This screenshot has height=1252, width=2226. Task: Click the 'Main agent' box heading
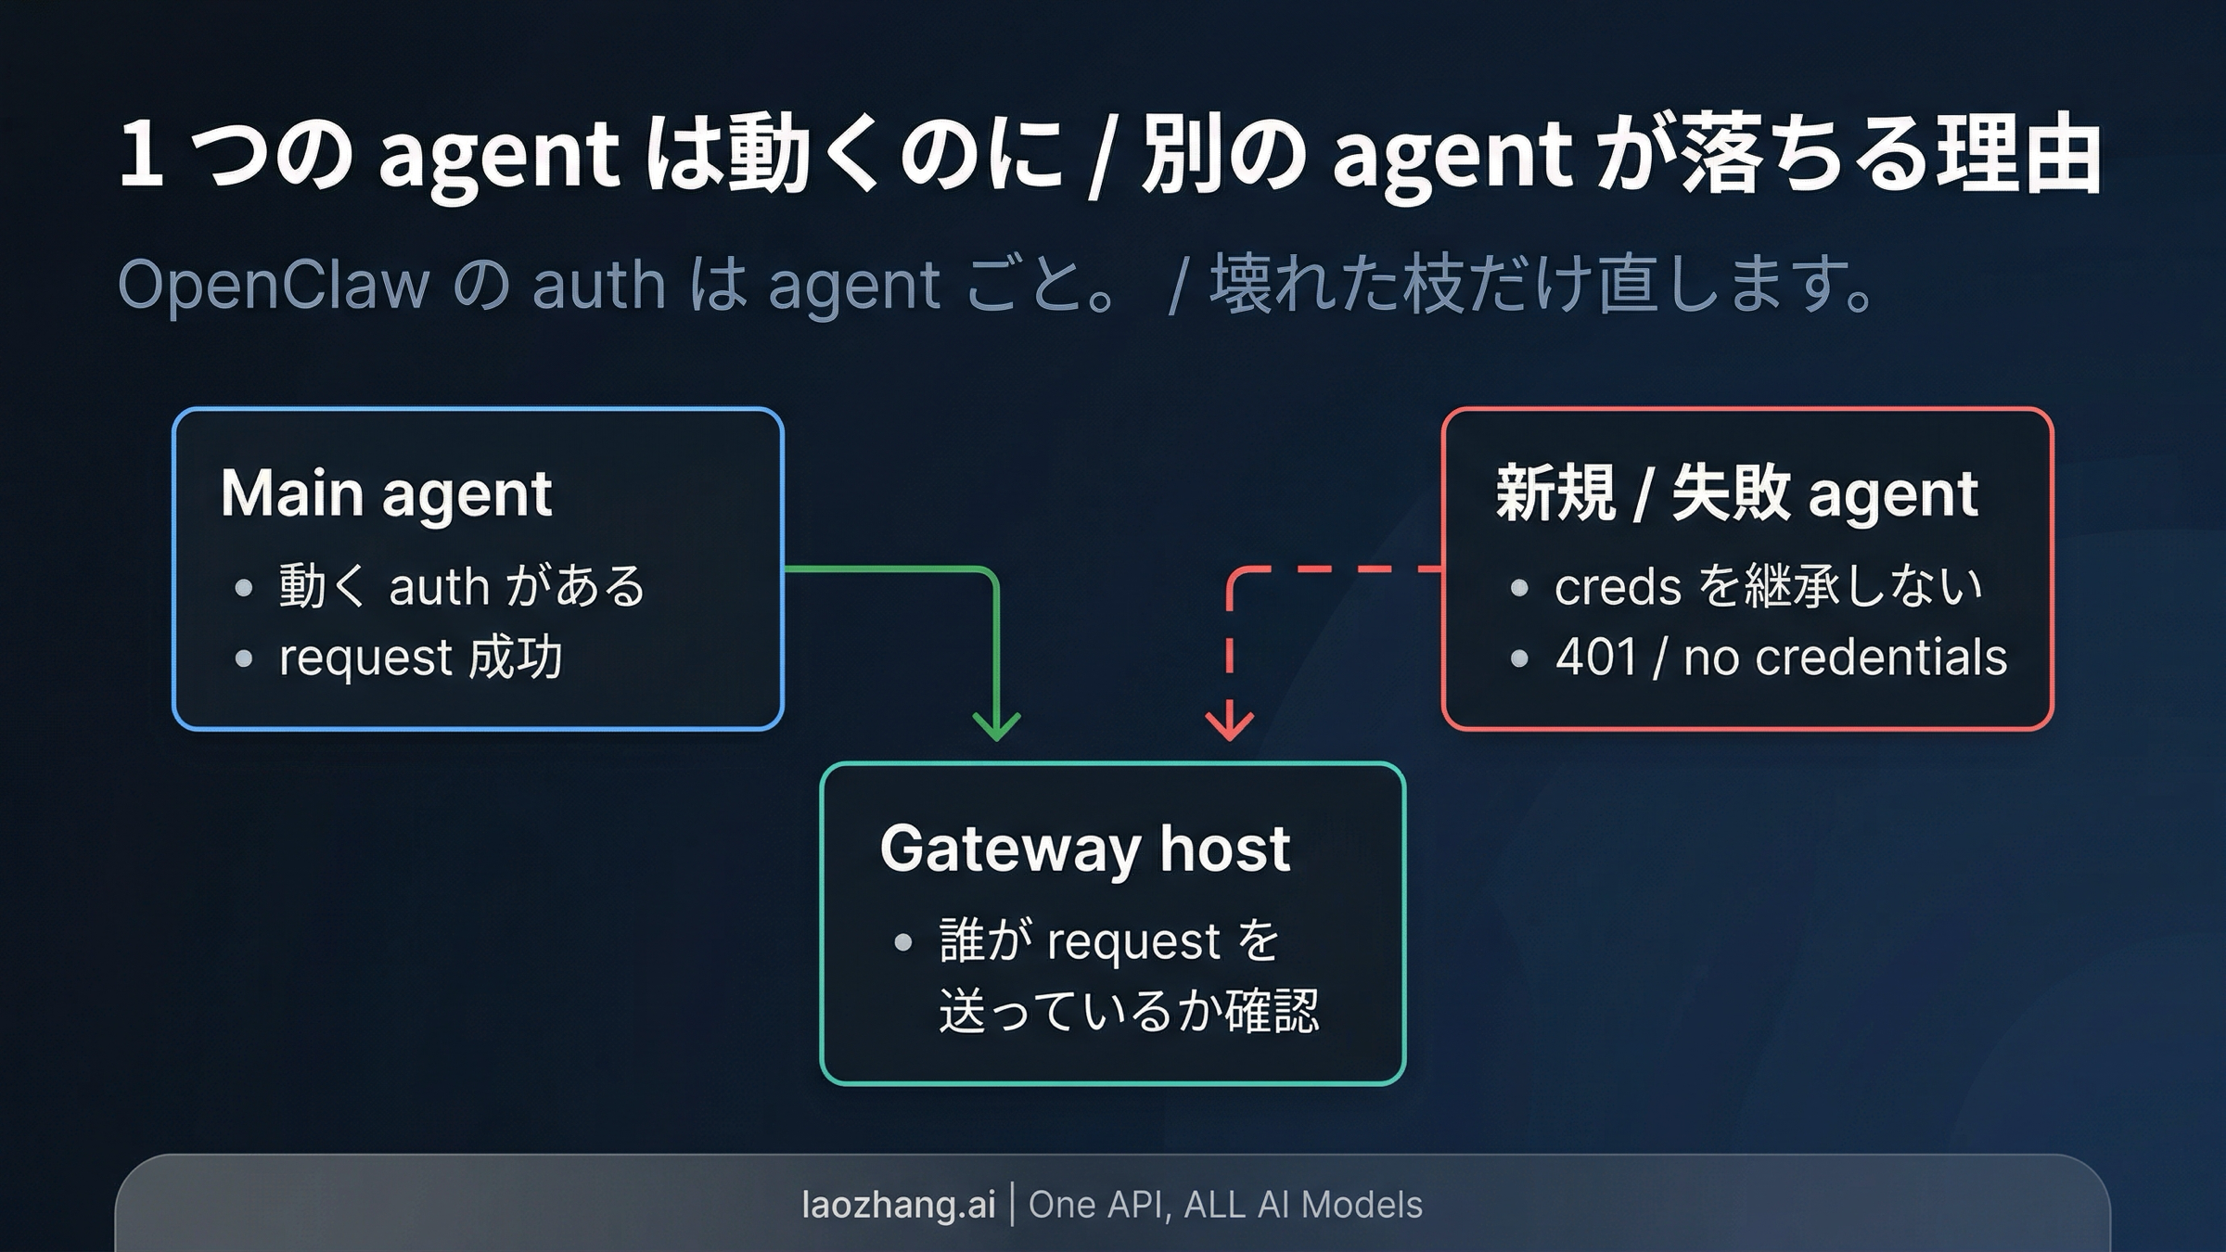pyautogui.click(x=386, y=493)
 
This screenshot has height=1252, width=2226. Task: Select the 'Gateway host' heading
pyautogui.click(x=1084, y=849)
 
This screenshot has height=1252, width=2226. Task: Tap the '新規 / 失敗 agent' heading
pyautogui.click(x=1736, y=493)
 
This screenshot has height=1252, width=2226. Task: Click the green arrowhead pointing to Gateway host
pyautogui.click(x=996, y=726)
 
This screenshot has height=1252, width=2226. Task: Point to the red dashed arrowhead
pyautogui.click(x=1229, y=726)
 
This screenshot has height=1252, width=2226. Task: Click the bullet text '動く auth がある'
pyautogui.click(x=461, y=586)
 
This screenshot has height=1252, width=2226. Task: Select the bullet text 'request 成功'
pyautogui.click(x=421, y=658)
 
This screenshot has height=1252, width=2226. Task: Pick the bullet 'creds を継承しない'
pyautogui.click(x=1768, y=586)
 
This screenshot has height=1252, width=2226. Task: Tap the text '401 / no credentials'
pyautogui.click(x=1781, y=658)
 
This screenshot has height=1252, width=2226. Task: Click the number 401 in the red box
pyautogui.click(x=1595, y=658)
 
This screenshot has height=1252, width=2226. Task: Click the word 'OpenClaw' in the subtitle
pyautogui.click(x=274, y=284)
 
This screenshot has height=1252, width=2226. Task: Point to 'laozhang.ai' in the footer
pyautogui.click(x=898, y=1205)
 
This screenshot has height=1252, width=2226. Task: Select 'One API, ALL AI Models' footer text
pyautogui.click(x=1225, y=1205)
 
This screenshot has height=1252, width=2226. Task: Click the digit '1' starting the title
pyautogui.click(x=142, y=154)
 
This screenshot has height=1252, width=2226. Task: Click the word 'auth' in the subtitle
pyautogui.click(x=599, y=284)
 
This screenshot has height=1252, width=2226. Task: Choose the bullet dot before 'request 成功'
pyautogui.click(x=244, y=658)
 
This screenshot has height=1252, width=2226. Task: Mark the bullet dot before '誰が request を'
pyautogui.click(x=903, y=943)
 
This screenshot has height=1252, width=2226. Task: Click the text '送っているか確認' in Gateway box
pyautogui.click(x=1128, y=1011)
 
